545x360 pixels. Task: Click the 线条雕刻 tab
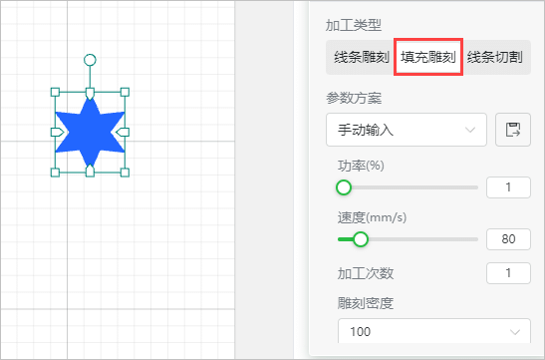point(361,57)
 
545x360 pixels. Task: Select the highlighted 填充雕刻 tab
point(428,57)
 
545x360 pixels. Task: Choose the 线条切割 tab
point(495,57)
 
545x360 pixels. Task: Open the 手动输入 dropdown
point(407,130)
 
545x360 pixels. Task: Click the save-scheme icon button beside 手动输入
point(513,130)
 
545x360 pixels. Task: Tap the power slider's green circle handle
point(344,187)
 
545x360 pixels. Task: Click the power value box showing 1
point(508,187)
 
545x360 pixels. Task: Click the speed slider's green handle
point(361,239)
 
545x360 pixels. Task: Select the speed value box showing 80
point(508,239)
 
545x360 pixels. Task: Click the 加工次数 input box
point(508,273)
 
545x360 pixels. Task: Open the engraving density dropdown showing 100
point(434,331)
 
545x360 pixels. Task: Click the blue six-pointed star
point(90,133)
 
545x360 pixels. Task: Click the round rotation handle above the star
point(90,60)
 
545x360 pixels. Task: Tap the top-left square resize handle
point(55,92)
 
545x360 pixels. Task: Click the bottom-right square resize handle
point(125,173)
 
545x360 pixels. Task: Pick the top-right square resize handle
point(125,92)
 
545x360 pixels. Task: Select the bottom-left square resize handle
point(55,173)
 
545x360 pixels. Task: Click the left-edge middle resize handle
point(58,133)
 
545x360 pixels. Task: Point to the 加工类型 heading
point(354,25)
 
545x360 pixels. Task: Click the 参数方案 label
point(354,99)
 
